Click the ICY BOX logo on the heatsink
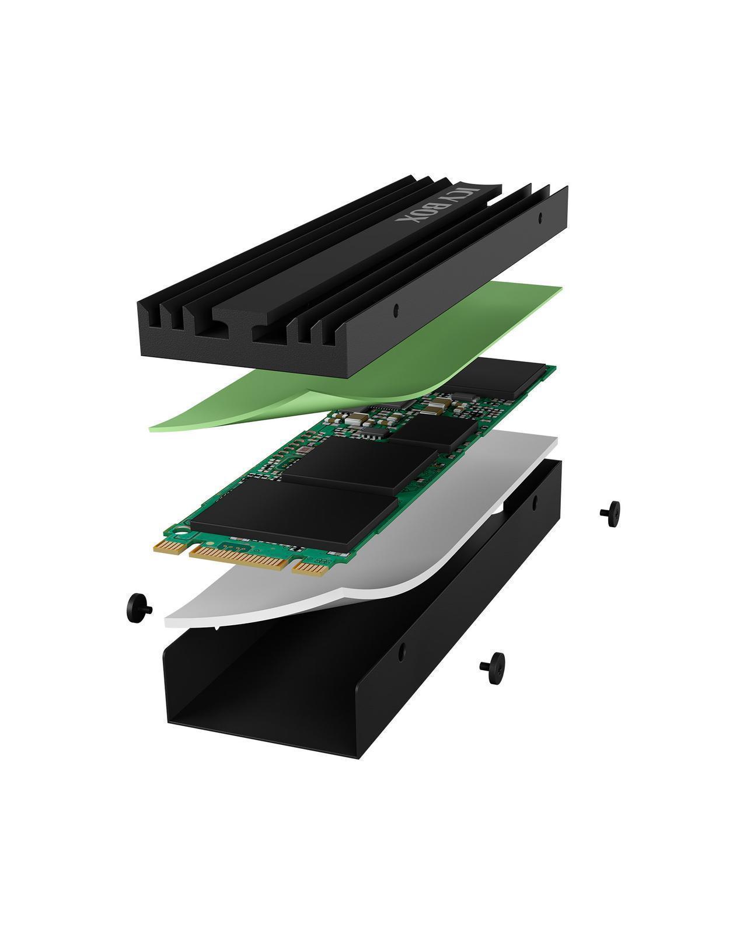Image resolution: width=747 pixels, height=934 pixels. [437, 205]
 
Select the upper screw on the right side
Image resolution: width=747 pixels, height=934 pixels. [610, 513]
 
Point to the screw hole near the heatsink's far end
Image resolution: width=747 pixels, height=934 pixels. [540, 217]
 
